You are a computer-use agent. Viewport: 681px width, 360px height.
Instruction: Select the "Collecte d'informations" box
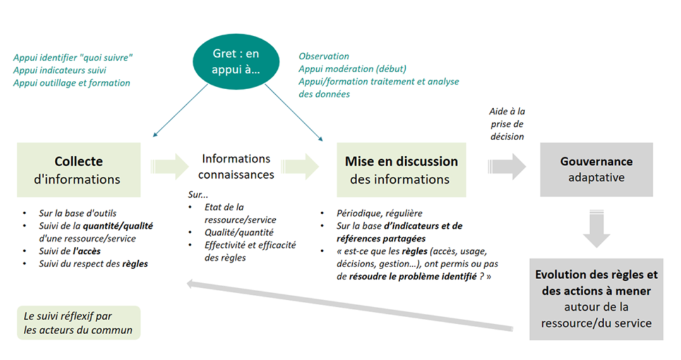(79, 170)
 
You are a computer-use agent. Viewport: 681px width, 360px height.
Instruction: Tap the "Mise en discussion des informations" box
(401, 170)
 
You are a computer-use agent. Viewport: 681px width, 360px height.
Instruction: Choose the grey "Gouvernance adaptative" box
(596, 169)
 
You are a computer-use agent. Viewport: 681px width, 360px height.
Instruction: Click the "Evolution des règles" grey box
(596, 299)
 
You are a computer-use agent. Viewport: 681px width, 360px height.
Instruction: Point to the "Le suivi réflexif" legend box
(78, 323)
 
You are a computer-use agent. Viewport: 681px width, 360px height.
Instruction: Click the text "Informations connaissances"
(236, 166)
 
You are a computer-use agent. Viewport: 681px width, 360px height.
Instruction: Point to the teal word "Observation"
(324, 56)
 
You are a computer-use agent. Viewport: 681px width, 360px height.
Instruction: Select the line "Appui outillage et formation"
(72, 83)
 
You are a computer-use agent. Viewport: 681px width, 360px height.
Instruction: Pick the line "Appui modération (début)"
(352, 69)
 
